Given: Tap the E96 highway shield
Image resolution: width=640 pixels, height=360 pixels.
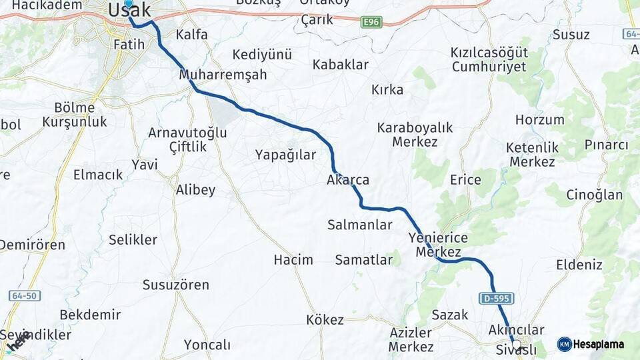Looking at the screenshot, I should click(x=371, y=23).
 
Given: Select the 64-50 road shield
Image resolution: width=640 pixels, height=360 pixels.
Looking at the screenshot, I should click(x=25, y=295).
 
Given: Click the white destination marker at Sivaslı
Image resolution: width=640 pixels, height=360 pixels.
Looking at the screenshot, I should click(x=515, y=345).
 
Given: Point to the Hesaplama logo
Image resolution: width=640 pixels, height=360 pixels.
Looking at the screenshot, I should click(x=591, y=344).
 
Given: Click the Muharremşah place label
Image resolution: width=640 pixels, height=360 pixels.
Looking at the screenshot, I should click(x=223, y=75).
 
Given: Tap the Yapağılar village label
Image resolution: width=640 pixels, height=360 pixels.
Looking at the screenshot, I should click(x=285, y=155).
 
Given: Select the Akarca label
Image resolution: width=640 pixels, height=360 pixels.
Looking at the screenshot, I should click(x=348, y=180).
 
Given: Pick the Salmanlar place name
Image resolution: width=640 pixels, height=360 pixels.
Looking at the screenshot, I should click(x=360, y=225).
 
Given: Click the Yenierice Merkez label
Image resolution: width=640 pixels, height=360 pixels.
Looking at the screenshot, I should click(x=438, y=245).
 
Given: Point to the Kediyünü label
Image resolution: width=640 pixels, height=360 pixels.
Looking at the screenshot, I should click(x=262, y=55).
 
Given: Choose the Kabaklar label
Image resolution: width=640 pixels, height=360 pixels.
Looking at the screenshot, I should click(x=341, y=65).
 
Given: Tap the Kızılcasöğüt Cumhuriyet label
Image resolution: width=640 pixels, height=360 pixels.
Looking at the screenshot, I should click(x=489, y=59).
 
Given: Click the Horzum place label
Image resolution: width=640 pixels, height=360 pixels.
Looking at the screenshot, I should click(x=539, y=120).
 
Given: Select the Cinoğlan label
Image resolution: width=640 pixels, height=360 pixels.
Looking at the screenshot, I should click(x=594, y=195).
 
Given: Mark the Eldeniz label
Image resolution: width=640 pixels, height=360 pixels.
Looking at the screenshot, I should click(x=579, y=265).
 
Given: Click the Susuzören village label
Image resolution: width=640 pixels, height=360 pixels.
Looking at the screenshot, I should click(x=175, y=285).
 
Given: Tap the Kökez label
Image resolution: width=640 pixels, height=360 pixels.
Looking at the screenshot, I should click(x=325, y=320).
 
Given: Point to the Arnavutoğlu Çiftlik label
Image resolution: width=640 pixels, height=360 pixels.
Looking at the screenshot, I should click(x=187, y=139).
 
